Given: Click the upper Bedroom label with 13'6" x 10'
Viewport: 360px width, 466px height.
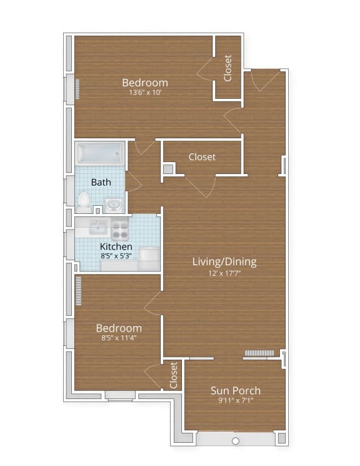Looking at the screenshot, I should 144,83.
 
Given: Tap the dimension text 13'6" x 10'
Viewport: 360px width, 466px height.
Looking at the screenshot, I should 146,93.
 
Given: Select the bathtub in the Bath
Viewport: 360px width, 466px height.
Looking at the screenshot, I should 100,152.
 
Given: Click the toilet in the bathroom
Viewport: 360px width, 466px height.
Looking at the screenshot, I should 83,200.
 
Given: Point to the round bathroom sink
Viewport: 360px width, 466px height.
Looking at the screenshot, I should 113,204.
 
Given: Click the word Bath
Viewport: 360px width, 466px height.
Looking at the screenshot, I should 101,183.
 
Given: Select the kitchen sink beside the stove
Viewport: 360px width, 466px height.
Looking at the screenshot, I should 98,226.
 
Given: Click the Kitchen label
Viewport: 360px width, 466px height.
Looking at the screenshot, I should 116,246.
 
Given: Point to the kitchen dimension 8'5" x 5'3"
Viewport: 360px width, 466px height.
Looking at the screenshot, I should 116,256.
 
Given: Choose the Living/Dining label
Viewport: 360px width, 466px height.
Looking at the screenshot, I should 224,261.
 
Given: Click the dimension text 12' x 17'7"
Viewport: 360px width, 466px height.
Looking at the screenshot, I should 224,272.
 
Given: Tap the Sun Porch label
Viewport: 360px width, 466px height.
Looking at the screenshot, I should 235,391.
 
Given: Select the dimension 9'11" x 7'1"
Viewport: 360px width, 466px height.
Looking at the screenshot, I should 235,401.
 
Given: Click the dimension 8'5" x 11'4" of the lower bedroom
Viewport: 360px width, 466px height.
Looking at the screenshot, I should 118,338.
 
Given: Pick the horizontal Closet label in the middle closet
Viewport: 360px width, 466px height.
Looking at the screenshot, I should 202,157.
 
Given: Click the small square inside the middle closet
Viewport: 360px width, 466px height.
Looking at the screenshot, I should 167,169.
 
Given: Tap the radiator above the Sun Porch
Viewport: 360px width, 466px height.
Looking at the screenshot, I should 259,353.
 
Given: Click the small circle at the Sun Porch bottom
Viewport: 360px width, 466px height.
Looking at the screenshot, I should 235,441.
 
